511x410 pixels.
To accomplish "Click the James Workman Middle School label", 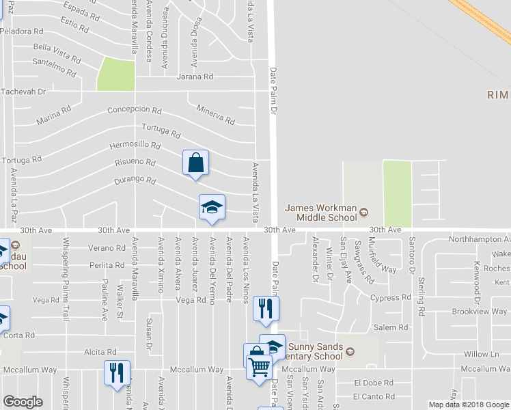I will (x=321, y=213).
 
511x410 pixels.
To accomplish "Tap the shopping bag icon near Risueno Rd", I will (x=195, y=163).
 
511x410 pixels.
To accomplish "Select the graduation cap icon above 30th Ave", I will (x=212, y=207).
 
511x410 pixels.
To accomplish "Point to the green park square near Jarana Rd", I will (x=115, y=74).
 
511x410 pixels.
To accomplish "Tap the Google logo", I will (x=23, y=402).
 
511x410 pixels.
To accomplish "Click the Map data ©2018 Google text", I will (x=468, y=405).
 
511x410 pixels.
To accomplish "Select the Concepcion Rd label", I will (x=135, y=110).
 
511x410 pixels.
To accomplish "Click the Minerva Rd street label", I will (x=215, y=115).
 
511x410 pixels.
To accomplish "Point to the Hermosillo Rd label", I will (x=135, y=146).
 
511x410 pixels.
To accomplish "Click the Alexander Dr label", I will (x=315, y=260).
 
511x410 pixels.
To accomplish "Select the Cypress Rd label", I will (x=390, y=298).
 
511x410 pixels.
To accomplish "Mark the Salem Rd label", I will (x=394, y=328).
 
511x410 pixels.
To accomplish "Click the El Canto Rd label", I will (x=374, y=396).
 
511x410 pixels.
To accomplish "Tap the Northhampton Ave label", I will (x=479, y=240).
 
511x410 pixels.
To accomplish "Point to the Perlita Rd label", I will (x=107, y=265).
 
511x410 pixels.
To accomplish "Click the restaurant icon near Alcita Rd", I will (x=115, y=372).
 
